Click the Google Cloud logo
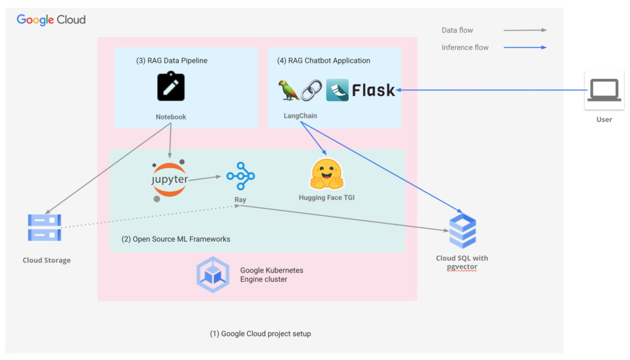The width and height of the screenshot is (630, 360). click(51, 20)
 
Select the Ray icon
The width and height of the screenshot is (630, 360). click(240, 177)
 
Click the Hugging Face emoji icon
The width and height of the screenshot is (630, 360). click(327, 174)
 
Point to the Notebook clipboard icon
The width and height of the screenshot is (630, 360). click(171, 86)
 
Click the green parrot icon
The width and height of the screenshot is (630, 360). click(289, 90)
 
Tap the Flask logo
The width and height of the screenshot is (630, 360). click(361, 90)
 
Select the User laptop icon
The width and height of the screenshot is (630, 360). click(604, 90)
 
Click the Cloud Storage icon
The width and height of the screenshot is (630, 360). click(44, 227)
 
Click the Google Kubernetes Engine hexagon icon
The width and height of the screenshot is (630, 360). click(213, 274)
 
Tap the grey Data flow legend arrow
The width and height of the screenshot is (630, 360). click(525, 30)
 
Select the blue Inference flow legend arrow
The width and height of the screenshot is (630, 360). click(525, 47)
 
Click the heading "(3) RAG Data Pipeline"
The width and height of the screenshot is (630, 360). click(172, 61)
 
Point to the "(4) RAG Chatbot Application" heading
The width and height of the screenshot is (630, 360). click(324, 61)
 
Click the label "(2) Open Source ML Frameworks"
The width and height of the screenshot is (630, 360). click(176, 239)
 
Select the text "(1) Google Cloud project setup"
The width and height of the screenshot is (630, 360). click(261, 334)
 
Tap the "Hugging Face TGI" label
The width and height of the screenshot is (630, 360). click(326, 198)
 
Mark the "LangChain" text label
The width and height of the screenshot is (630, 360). click(300, 116)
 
